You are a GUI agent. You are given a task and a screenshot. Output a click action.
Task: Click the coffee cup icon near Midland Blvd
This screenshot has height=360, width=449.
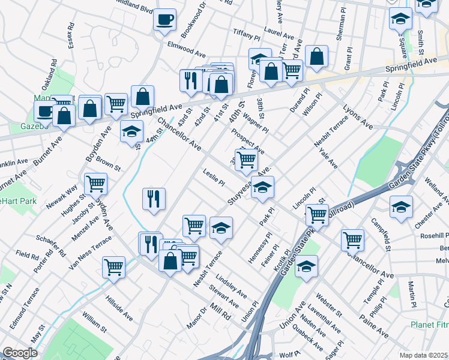pos(164,19)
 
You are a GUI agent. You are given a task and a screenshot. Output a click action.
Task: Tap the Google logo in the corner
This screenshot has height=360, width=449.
pos(20,353)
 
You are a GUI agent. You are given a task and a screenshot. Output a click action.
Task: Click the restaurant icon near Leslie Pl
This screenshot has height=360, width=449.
pos(154,199)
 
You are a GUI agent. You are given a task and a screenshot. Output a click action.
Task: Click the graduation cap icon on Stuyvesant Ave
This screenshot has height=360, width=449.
pos(262,188)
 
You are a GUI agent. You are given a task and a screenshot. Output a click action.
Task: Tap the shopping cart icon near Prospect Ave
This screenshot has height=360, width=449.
pos(246,159)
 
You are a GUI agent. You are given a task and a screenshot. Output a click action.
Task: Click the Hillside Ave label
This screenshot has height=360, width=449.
pos(119,308)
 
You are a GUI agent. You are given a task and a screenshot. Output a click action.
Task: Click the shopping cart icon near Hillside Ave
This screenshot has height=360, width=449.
pos(113,267)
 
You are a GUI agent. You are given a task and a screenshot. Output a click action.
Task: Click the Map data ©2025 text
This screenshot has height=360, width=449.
pos(423,355)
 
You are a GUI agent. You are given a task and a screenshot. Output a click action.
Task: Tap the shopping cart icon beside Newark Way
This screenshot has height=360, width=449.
pos(95,183)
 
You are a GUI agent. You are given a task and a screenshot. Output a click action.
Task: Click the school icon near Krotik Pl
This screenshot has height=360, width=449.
pos(306,266)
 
